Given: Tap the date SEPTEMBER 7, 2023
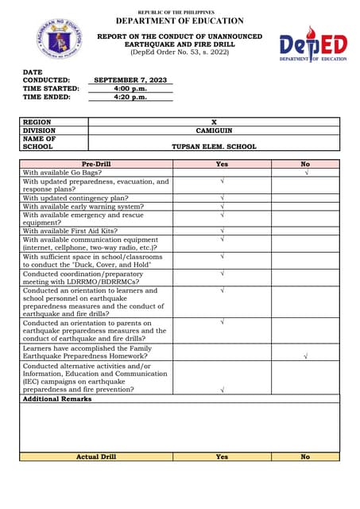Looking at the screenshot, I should [130, 80].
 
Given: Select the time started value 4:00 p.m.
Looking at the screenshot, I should [130, 89].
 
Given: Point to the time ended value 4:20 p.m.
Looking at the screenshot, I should [130, 98].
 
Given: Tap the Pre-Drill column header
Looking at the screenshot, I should [96, 164].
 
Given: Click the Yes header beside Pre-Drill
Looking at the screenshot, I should [222, 164].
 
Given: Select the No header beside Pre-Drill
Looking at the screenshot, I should [306, 164].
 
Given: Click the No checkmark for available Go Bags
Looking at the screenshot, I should [306, 172].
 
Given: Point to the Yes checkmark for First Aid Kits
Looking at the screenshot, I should [222, 231].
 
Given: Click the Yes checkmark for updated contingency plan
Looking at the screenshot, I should [222, 197].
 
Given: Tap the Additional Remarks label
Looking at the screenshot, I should [56, 399].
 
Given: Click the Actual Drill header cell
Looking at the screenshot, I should [96, 457].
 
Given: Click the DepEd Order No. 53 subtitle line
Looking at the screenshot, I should [180, 52].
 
